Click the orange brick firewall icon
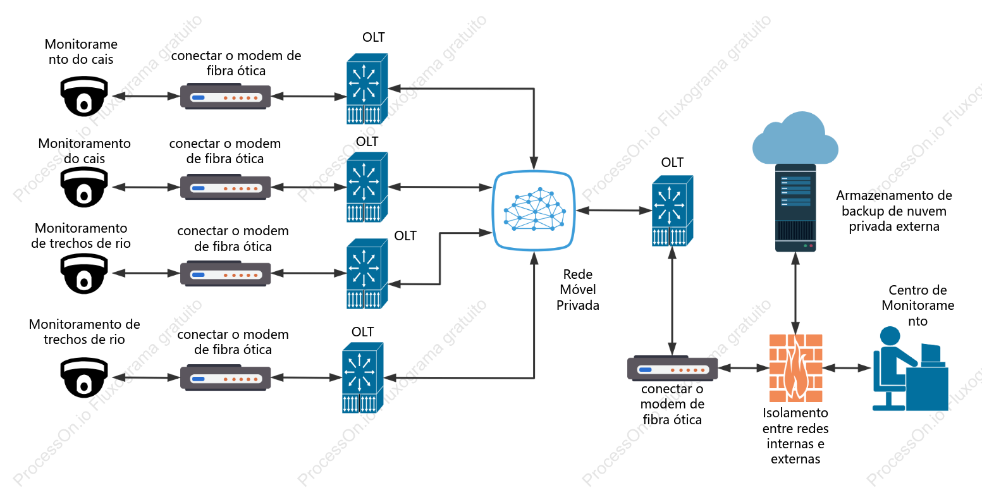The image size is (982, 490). pos(795,368)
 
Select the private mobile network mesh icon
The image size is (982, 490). pos(534,210)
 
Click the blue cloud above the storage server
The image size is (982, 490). pos(795,138)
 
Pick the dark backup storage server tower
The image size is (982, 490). pos(795,208)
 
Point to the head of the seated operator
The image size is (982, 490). pos(890,336)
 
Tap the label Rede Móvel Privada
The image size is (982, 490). pos(578,290)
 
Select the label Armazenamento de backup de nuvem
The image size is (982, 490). pos(894,203)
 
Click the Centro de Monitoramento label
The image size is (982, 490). pos(918,305)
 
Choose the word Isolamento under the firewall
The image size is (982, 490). pos(795,413)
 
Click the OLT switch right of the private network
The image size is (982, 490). pos(672,211)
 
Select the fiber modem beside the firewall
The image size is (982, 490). pos(673,368)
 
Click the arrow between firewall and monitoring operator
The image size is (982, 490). pos(847,368)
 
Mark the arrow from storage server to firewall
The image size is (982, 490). pos(795,293)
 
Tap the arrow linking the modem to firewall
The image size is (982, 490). pos(744,368)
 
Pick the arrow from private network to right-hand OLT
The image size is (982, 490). pos(613,211)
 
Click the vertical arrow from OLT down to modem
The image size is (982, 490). pos(672,301)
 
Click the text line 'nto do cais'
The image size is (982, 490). pos(81,59)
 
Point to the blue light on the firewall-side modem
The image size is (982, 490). pos(646,370)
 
